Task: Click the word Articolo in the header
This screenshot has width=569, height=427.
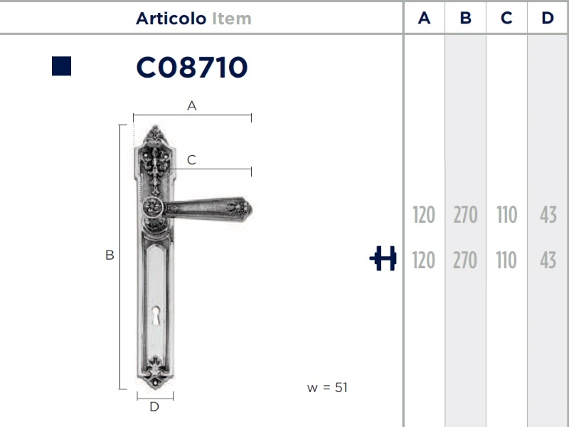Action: point(171,19)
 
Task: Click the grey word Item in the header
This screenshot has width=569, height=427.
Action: point(232,19)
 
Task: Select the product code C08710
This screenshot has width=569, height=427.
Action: point(192,68)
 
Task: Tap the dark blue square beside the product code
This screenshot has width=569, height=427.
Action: point(61,66)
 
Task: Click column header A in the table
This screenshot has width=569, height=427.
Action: point(424,18)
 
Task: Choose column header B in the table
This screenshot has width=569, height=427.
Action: point(466,18)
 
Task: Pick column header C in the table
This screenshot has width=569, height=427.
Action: point(506,18)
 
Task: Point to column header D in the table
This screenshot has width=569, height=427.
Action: point(548,18)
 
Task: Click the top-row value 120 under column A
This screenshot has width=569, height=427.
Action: point(424,215)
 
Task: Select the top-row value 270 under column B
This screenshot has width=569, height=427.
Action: point(466,215)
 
